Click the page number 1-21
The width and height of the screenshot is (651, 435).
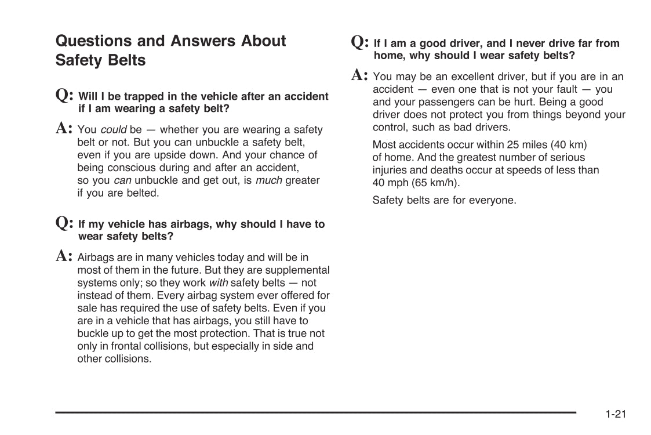tap(616, 414)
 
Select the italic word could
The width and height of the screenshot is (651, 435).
tap(113, 130)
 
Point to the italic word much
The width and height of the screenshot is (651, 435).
tap(269, 180)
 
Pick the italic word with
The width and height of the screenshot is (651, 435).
tap(218, 283)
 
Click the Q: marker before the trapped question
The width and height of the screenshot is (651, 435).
tap(64, 96)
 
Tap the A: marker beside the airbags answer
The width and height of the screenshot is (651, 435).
tap(64, 256)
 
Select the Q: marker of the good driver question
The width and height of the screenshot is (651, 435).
tap(360, 42)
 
